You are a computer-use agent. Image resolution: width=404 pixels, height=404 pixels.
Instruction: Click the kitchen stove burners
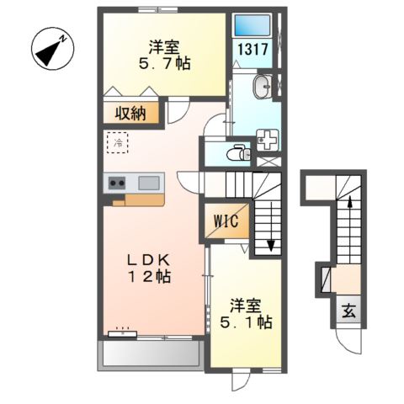coord(116,183)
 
